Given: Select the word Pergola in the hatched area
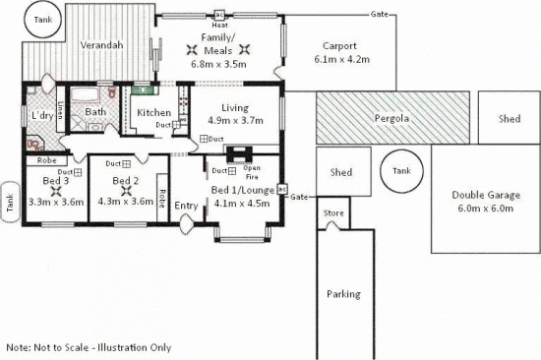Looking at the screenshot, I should pyautogui.click(x=391, y=119).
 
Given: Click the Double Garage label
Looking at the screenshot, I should pyautogui.click(x=481, y=195).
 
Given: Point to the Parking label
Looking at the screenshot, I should pyautogui.click(x=343, y=294).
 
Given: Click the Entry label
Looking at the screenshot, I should pyautogui.click(x=186, y=206).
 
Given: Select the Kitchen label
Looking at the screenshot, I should pyautogui.click(x=153, y=112).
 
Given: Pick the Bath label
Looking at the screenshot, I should pyautogui.click(x=95, y=112).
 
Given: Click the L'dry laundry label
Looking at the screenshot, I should pyautogui.click(x=42, y=116).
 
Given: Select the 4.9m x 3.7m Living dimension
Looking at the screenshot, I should pyautogui.click(x=234, y=121).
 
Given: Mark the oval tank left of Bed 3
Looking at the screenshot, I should pyautogui.click(x=9, y=202).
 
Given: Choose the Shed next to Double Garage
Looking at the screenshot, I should pyautogui.click(x=509, y=119).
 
